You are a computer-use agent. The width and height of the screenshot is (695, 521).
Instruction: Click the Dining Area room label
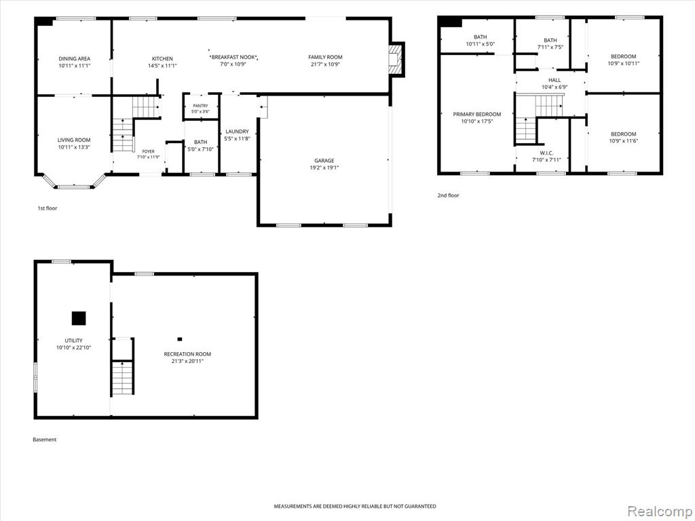click(x=75, y=58)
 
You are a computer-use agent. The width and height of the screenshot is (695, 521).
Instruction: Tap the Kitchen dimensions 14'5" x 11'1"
click(x=163, y=66)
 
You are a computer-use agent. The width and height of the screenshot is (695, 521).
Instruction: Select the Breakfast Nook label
click(x=233, y=57)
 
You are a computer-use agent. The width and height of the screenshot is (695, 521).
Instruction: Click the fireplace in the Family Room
click(x=395, y=59)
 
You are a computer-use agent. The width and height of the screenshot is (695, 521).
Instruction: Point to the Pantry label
click(x=200, y=106)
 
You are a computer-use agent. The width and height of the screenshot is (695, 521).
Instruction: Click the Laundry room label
click(x=237, y=132)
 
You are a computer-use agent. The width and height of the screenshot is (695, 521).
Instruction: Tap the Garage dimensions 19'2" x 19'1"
click(x=324, y=168)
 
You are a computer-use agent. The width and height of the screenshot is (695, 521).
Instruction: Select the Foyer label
click(x=148, y=151)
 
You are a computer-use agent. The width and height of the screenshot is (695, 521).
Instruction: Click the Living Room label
click(x=74, y=140)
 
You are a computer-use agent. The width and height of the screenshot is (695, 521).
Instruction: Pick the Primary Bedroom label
click(x=477, y=114)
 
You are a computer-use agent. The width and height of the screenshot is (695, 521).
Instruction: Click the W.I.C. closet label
click(x=546, y=153)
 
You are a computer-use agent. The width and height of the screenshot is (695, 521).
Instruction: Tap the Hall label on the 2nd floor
click(x=555, y=80)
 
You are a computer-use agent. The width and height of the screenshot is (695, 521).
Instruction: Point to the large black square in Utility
click(x=79, y=318)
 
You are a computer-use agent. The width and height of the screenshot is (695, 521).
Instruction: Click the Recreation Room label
click(x=187, y=354)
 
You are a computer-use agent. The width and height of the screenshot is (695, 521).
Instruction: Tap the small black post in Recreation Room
click(x=179, y=339)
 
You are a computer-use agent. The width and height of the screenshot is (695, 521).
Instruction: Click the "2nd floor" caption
click(x=448, y=195)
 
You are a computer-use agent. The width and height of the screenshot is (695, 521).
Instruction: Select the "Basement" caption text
click(x=45, y=440)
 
